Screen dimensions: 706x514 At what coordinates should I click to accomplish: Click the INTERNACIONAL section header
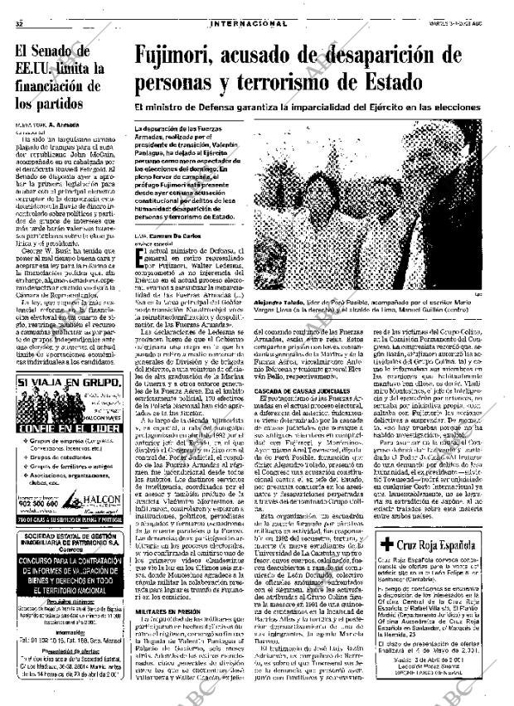pos(249,24)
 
